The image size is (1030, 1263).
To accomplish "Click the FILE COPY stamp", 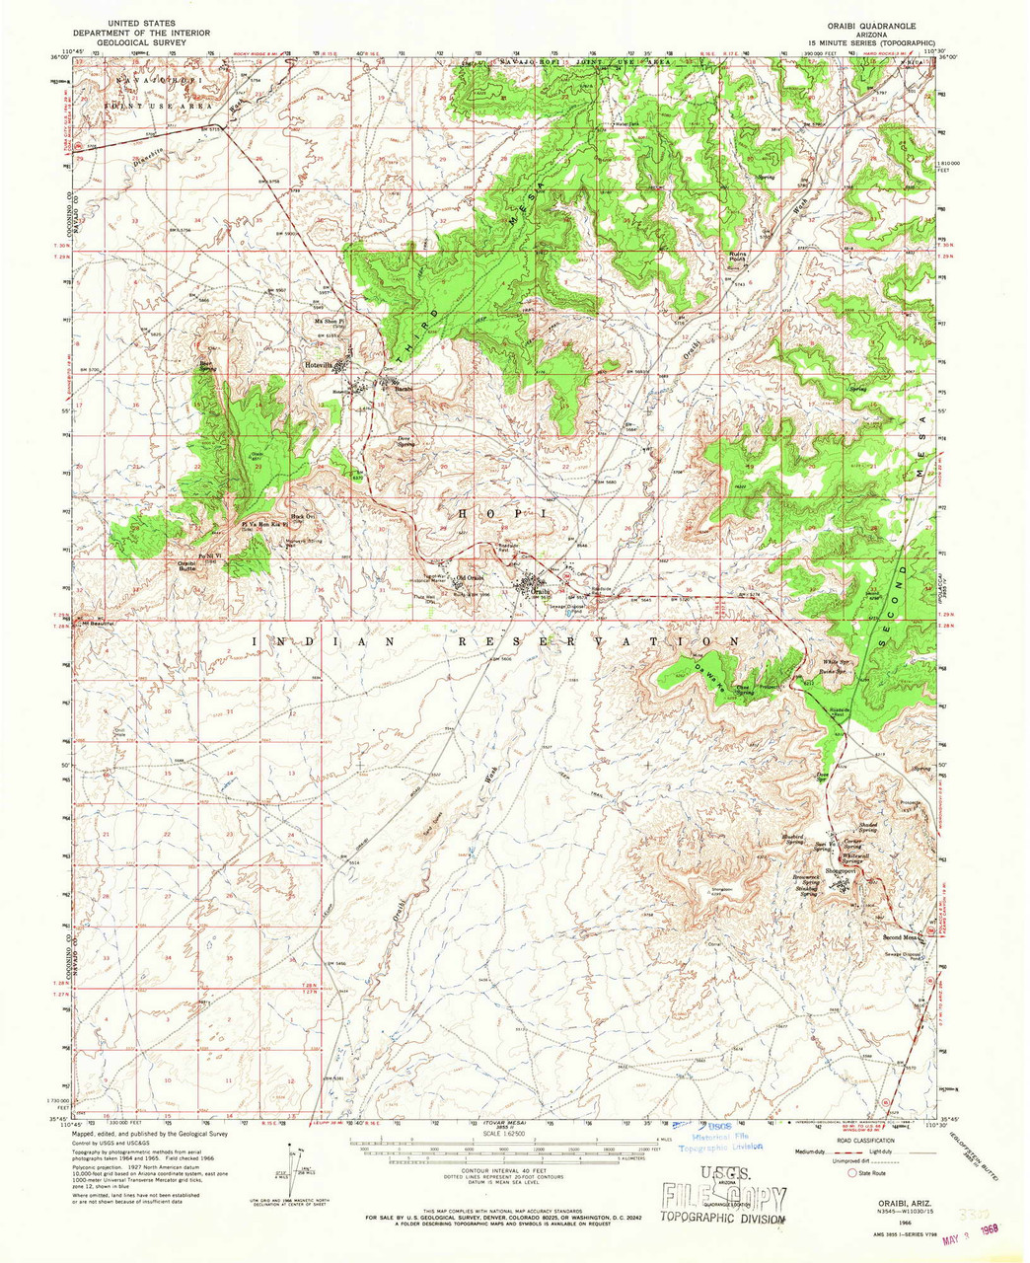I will point(725,1199).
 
